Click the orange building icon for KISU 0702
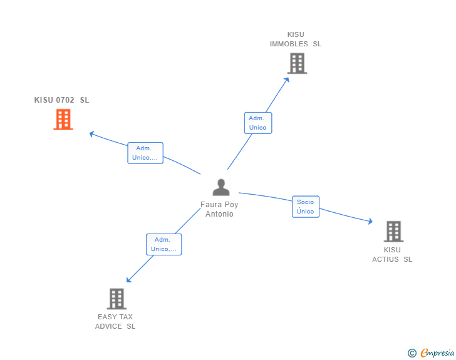pos(63,120)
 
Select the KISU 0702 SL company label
pos(62,100)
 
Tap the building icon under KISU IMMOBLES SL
pos(297,63)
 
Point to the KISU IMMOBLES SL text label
pos(296,39)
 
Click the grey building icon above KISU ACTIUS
pos(393,232)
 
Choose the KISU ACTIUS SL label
pos(392,255)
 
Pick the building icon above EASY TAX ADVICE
pos(117,299)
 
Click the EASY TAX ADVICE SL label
pos(115,322)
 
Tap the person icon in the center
pos(220,187)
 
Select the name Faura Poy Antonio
pos(219,209)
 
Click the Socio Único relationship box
pos(306,207)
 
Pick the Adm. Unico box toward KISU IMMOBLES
pos(257,123)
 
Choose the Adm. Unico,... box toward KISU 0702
pos(145,153)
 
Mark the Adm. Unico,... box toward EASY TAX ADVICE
pos(163,244)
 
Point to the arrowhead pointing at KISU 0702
pos(91,133)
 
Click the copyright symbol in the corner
pos(412,353)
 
